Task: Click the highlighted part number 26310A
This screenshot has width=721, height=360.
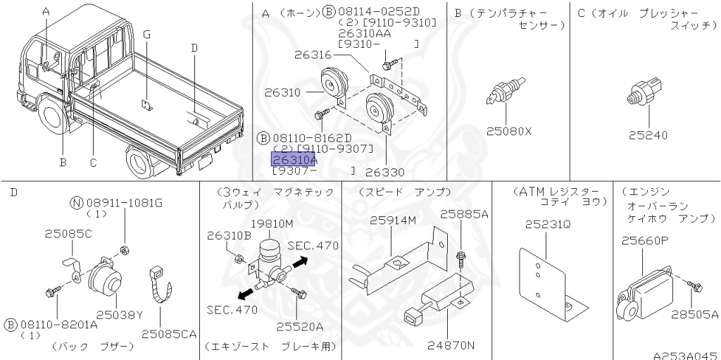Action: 294,160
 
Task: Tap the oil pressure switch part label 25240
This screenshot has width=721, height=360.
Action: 647,135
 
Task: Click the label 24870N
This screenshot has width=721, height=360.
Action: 451,345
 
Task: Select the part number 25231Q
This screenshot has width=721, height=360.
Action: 547,224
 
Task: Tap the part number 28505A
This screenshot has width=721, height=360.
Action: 694,315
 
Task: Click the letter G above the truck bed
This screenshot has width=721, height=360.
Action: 146,35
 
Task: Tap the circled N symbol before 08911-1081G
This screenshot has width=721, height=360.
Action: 77,204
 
